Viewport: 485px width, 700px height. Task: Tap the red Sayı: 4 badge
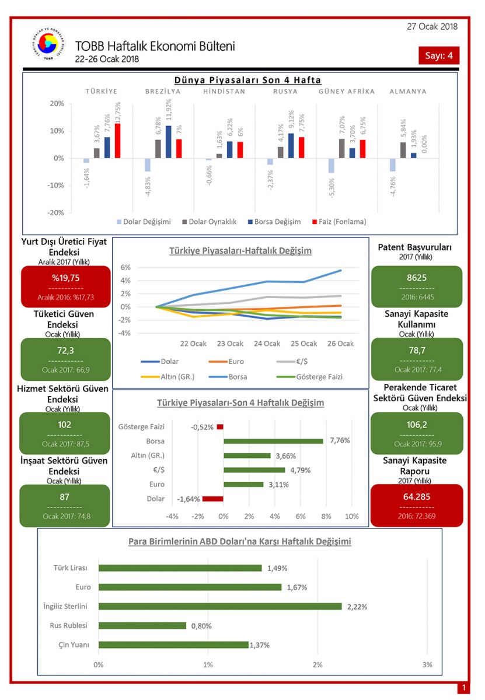439,55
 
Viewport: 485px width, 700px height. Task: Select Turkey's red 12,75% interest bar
118,141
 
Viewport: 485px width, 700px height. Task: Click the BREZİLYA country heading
163,92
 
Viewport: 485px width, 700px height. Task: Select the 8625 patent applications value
416,278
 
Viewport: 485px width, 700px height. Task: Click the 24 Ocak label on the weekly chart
267,344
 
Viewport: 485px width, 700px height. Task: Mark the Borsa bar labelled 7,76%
273,441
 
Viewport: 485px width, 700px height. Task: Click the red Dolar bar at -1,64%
212,499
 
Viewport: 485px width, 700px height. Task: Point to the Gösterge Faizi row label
141,427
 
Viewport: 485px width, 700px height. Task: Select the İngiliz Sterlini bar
220,606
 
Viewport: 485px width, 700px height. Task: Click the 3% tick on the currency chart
427,664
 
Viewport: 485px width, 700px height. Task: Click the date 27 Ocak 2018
432,26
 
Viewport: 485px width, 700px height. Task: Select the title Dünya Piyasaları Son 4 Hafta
248,80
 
